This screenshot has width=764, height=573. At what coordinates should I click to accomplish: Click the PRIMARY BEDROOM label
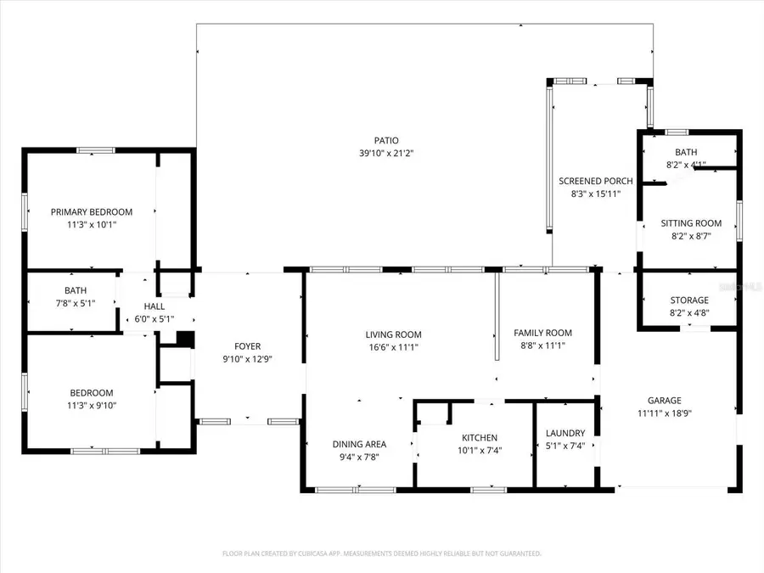[x=92, y=212]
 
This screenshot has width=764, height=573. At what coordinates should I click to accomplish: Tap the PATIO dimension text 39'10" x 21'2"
[x=385, y=154]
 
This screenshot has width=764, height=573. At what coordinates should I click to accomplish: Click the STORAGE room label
[x=688, y=301]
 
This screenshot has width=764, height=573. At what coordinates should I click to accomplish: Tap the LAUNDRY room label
[x=565, y=433]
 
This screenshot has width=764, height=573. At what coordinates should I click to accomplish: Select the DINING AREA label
[x=360, y=444]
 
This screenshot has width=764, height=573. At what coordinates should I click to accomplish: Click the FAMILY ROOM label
[x=544, y=334]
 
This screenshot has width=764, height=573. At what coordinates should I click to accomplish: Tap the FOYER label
[x=248, y=346]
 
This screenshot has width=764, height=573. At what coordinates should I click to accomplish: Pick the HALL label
[x=154, y=307]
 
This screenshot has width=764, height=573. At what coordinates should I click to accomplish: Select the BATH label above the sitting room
[x=686, y=153]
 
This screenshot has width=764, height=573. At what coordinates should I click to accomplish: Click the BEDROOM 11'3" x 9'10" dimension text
[x=92, y=405]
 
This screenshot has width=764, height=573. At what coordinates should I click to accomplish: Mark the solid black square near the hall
[x=186, y=338]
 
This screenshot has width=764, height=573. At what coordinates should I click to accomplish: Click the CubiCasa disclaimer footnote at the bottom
[x=381, y=553]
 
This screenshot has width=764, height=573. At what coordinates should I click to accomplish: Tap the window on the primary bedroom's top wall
[x=95, y=150]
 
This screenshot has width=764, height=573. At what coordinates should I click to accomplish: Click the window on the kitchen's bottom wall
[x=489, y=490]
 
